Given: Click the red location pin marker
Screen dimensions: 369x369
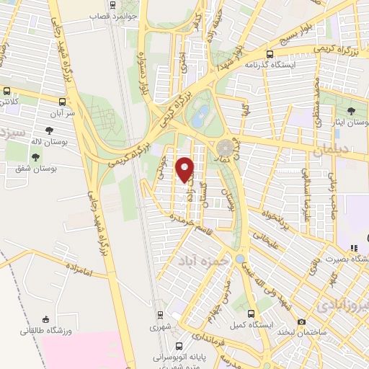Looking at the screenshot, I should pyautogui.click(x=185, y=169).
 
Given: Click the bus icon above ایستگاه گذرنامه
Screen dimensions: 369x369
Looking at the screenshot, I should pyautogui.click(x=270, y=53).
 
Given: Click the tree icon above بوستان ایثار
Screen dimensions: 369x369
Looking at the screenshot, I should pyautogui.click(x=350, y=111).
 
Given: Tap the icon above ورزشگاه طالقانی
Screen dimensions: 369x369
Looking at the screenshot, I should pyautogui.click(x=45, y=319).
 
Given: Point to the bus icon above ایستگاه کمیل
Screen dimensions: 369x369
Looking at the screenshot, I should pyautogui.click(x=251, y=314).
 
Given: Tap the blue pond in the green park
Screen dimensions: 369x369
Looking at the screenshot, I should pyautogui.click(x=202, y=112).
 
